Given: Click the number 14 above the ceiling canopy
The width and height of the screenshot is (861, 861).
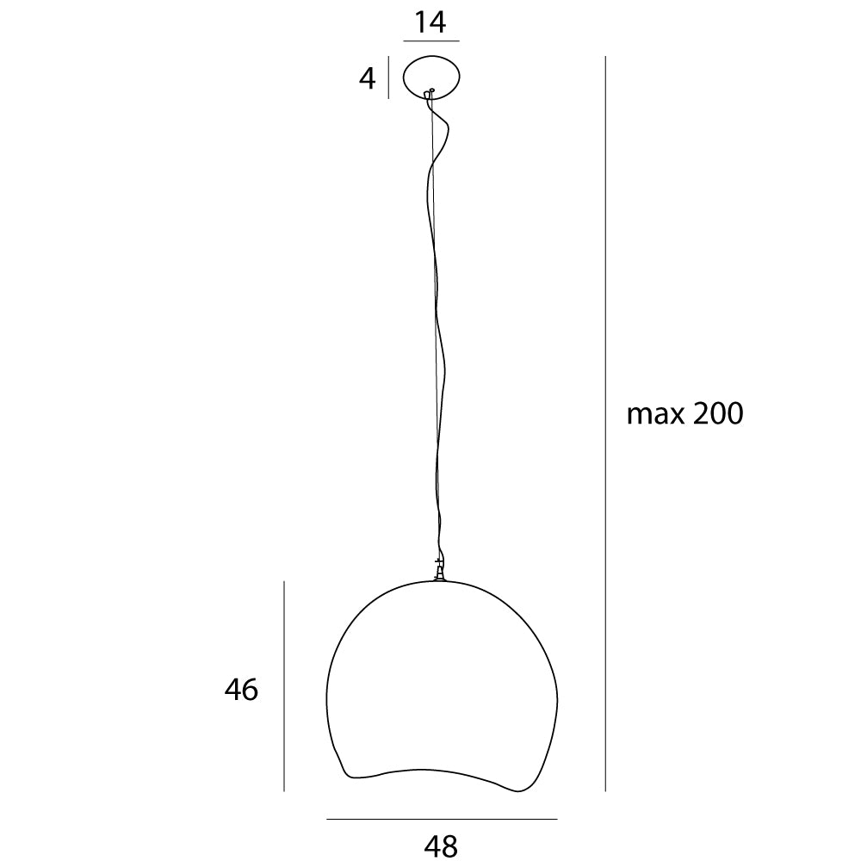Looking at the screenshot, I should coord(430,22).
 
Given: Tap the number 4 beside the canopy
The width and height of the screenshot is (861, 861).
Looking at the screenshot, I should coord(368,79).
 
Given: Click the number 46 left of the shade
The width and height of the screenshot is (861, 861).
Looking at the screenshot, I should coord(241,689).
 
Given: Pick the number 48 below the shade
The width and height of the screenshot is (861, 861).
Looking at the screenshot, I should coord(441,846).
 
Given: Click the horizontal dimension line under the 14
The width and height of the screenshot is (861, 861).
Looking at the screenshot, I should coord(430,40).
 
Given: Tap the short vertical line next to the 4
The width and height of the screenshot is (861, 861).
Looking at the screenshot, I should coord(389,77).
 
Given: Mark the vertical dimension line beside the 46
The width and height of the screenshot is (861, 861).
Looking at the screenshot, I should coord(284,685).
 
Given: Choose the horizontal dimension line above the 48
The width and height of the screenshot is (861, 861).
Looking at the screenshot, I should coord(442,818).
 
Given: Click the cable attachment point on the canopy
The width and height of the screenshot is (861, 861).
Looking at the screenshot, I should coord(432,90).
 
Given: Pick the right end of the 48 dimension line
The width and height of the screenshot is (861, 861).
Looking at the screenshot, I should coord(556,818).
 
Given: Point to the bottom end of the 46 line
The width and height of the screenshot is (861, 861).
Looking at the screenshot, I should coord(284,790).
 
